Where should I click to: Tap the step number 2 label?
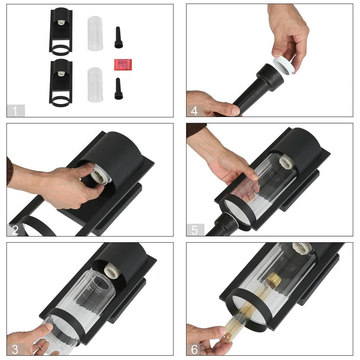coord(15,230)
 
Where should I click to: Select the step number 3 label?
coord(15,349)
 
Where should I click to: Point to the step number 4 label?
coord(194,111)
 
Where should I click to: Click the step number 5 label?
coord(194,230)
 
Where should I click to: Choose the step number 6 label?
coord(194,350)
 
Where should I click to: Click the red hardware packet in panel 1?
coord(123,64)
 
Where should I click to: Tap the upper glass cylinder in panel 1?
coord(95,33)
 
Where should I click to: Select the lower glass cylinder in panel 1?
coord(95,85)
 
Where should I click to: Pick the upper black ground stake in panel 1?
coord(118,37)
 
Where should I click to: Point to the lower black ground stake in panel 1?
coord(118,89)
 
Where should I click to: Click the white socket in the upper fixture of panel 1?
coord(61,22)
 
